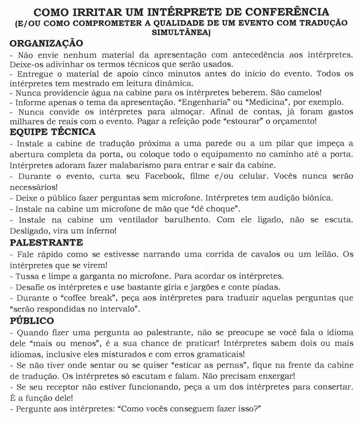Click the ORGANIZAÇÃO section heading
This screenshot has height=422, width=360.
46,44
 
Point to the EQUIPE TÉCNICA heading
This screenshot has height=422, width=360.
52,131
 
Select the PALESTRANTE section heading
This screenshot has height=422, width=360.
46,242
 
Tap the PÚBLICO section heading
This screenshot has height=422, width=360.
32,320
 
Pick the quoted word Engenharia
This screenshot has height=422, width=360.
239,102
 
